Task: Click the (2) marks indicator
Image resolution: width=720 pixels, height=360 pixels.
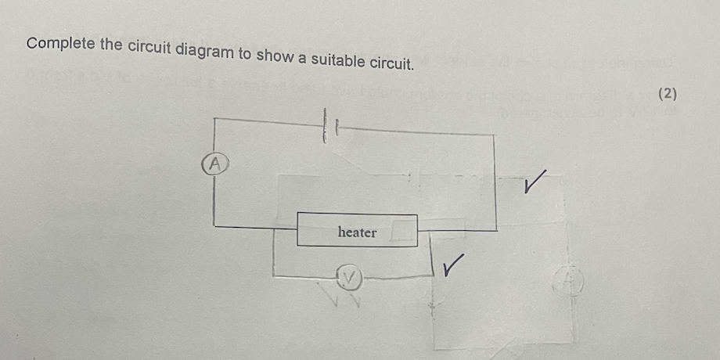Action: pyautogui.click(x=667, y=95)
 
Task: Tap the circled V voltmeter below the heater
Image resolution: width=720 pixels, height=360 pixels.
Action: pyautogui.click(x=350, y=275)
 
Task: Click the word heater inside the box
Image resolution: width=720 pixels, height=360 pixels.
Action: pyautogui.click(x=357, y=232)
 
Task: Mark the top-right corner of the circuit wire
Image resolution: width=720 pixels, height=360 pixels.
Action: pyautogui.click(x=495, y=135)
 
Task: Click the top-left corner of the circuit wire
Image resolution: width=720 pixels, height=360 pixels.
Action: pyautogui.click(x=214, y=120)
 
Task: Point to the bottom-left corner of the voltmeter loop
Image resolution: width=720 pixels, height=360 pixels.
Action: pyautogui.click(x=273, y=275)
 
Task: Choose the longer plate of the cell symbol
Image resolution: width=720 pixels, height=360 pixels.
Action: pyautogui.click(x=320, y=126)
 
